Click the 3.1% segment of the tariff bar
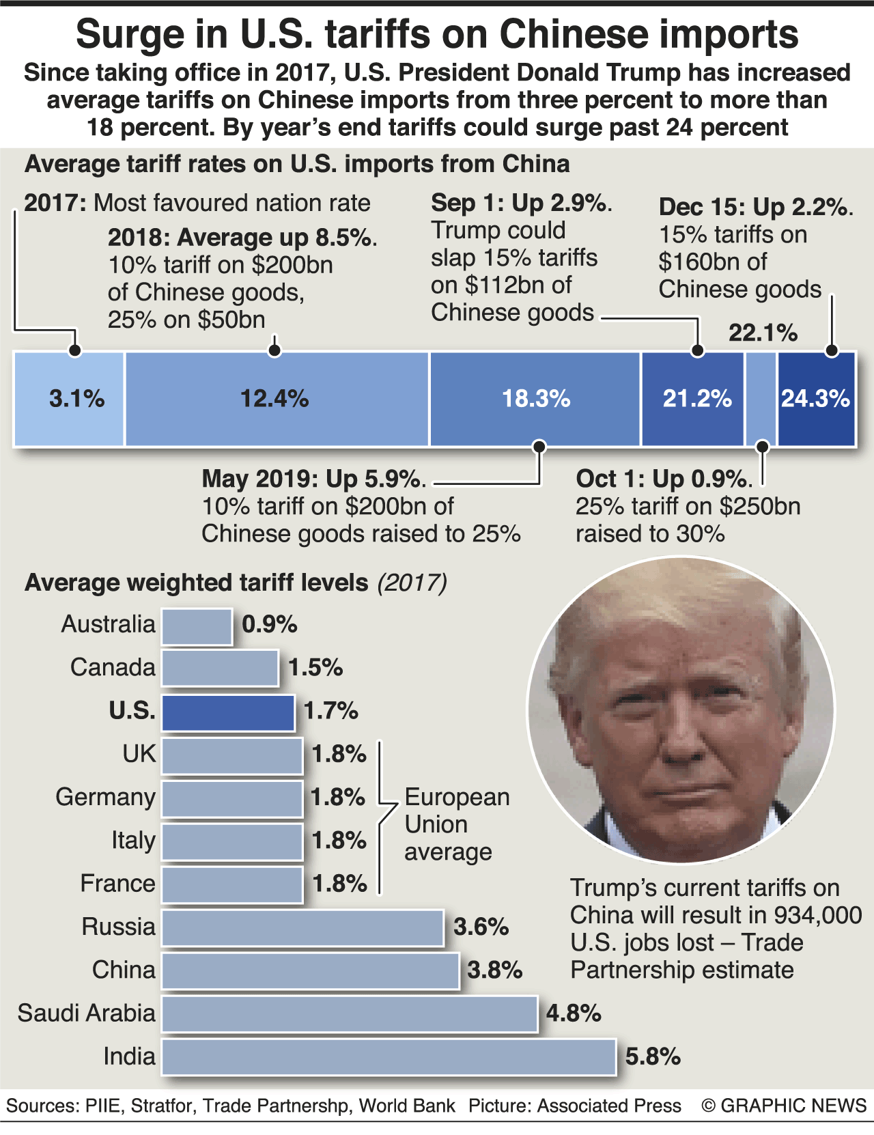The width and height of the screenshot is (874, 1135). pos(69,399)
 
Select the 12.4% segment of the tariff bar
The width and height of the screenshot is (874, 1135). pos(276,399)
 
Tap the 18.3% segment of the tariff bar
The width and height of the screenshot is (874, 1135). pos(535,399)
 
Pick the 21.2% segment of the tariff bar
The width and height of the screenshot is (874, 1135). pos(692,399)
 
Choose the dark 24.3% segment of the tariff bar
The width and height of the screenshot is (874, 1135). pos(816,399)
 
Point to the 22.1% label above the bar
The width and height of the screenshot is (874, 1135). pos(763,333)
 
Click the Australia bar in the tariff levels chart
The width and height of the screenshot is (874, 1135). pos(197,626)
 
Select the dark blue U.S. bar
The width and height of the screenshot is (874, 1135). pos(228,712)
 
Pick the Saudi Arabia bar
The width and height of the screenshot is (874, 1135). pos(349,1013)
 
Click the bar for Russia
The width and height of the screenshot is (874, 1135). pos(302,927)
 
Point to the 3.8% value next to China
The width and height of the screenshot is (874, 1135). pos(495,970)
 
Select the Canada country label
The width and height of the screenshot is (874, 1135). pos(113,667)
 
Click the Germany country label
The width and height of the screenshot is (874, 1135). pos(106,797)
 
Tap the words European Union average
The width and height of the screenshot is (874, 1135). pos(456,824)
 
